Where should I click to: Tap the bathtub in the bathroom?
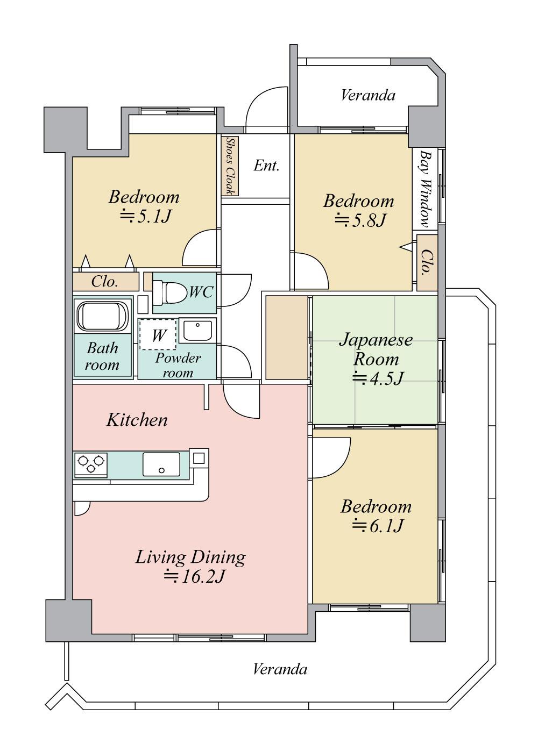pos(103,316)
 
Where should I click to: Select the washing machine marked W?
pos(158,335)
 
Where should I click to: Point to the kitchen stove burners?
pos(90,464)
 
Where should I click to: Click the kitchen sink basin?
pos(161,464)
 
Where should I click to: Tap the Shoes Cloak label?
pos(230,166)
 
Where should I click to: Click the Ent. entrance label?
pos(266,166)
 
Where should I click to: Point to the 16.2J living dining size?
pos(193,577)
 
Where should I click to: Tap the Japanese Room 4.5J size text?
pos(377,378)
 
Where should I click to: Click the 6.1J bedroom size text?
pos(377,526)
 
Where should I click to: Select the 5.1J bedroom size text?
pos(145,216)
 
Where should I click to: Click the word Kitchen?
pos(137,420)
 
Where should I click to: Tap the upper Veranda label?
pos(368,96)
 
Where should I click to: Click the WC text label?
pos(201,292)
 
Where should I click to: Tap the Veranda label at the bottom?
pos(280,669)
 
